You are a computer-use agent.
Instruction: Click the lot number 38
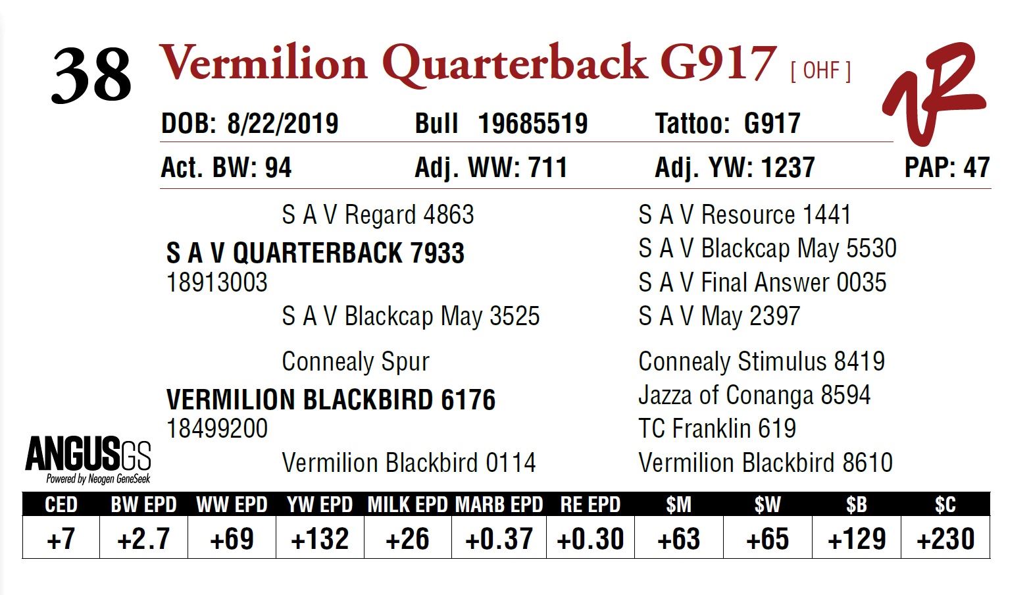[91, 76]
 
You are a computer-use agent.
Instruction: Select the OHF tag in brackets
[820, 70]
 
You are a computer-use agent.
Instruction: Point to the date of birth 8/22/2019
[282, 124]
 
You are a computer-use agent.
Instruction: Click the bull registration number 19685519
[532, 124]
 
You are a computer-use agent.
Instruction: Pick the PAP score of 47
[976, 167]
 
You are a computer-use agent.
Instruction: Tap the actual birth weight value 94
[278, 167]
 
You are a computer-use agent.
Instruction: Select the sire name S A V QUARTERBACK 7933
[315, 253]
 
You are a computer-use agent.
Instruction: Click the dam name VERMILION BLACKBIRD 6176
[330, 400]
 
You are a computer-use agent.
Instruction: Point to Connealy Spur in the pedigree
[355, 361]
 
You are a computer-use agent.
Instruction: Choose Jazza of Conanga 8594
[754, 395]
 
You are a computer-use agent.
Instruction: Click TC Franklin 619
[717, 428]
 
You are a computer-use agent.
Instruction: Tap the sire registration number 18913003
[217, 282]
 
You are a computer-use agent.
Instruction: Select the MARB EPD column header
[499, 505]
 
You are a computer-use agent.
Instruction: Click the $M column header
[678, 505]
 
